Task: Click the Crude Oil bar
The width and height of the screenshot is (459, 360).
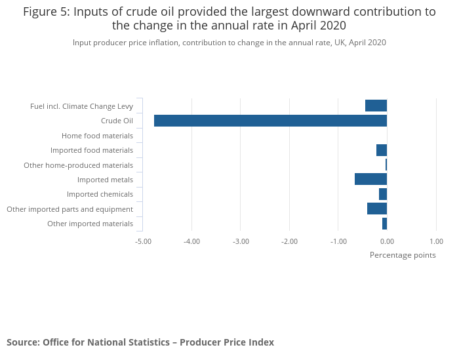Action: [270, 121]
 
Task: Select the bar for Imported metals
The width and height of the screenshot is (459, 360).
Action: [370, 179]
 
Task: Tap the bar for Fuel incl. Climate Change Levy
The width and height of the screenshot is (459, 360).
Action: [376, 106]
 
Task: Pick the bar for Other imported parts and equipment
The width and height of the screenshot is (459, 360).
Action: [377, 209]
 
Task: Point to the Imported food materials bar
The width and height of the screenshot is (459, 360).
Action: [382, 150]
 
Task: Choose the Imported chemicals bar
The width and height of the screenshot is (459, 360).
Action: [383, 194]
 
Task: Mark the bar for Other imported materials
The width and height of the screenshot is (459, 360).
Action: [384, 224]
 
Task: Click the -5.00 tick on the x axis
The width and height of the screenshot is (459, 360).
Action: [143, 241]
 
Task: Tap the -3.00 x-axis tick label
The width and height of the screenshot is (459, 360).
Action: [241, 241]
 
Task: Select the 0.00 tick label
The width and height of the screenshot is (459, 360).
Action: [387, 241]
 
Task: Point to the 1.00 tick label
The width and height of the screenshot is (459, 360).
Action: [436, 241]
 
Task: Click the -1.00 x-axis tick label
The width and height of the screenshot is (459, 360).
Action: [338, 241]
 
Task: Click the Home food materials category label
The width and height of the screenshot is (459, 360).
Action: [97, 136]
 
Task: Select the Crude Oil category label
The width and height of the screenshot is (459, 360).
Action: [117, 121]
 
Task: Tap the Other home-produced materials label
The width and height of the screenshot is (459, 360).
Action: [78, 165]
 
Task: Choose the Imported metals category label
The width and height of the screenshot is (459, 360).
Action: [105, 180]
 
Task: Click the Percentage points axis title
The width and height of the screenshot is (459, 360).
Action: [403, 254]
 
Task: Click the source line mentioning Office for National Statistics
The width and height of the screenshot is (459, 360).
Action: [140, 342]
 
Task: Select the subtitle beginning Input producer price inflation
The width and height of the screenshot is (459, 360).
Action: [229, 42]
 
